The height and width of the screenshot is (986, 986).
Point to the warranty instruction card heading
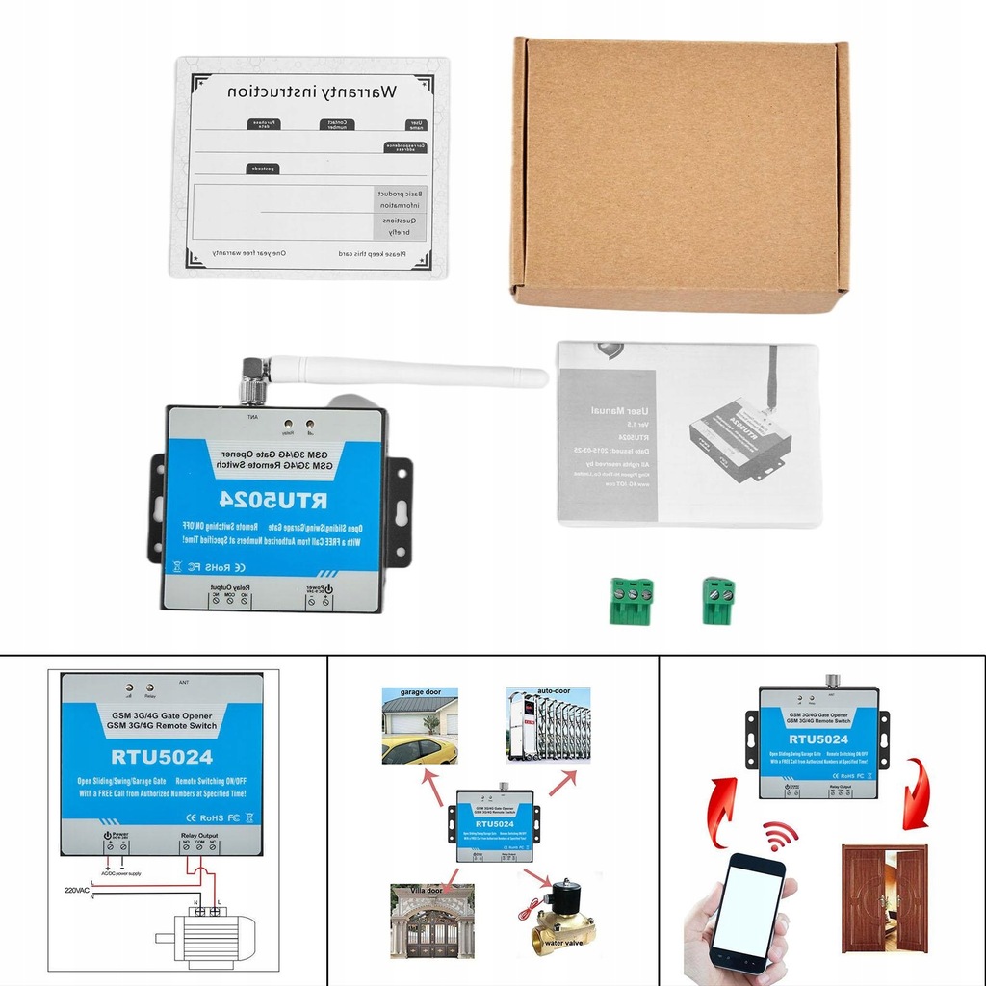pyautogui.click(x=310, y=93)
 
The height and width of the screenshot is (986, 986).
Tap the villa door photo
pyautogui.click(x=432, y=921)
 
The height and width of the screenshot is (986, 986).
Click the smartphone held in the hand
pyautogui.click(x=746, y=910)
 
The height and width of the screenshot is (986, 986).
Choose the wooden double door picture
pyautogui.click(x=884, y=897)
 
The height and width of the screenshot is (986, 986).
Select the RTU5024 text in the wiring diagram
pyautogui.click(x=161, y=756)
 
